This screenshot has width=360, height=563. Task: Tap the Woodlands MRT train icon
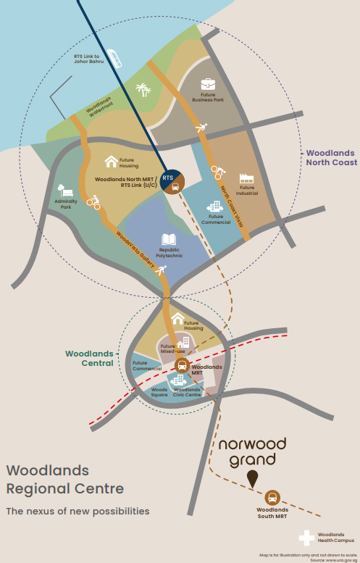(182, 365)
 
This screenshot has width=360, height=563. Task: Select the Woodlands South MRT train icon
(272, 498)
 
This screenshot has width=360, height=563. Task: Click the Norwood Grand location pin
(253, 479)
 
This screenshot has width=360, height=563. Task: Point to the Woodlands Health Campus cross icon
(306, 538)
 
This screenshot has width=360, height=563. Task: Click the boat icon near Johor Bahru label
(114, 58)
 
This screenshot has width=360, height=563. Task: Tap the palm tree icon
(143, 90)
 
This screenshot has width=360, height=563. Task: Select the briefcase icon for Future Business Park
(208, 85)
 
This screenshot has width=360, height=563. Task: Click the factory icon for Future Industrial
(246, 179)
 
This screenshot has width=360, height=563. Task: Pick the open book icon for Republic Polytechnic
(169, 240)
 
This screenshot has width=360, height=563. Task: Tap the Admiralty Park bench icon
(65, 191)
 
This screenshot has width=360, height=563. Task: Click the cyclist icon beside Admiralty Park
(93, 202)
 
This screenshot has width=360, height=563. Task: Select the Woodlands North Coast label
(330, 158)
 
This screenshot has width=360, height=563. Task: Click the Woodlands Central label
(89, 359)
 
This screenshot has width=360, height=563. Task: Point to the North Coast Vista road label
(232, 206)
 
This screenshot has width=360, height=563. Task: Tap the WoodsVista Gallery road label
(135, 249)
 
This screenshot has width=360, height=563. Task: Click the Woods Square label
(159, 392)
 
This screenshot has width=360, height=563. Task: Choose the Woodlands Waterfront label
(100, 107)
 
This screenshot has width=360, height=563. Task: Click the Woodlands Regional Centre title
(65, 480)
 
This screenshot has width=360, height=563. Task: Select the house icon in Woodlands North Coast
(112, 162)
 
